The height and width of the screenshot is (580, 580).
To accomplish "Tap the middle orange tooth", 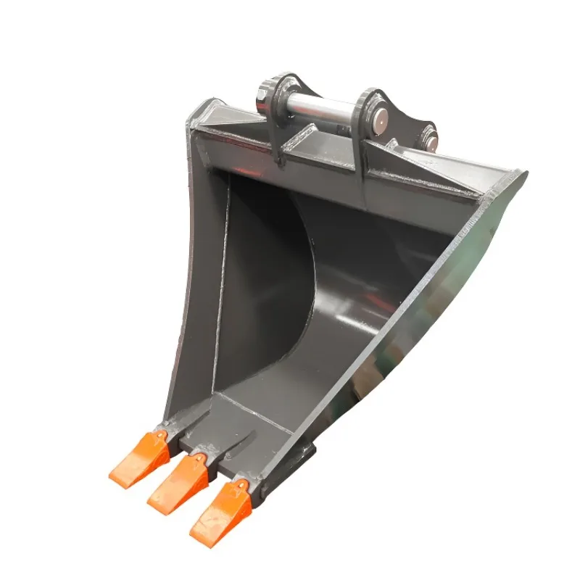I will pos(176,481).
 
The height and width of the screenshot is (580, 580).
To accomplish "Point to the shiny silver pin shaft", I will pos(322,108).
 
